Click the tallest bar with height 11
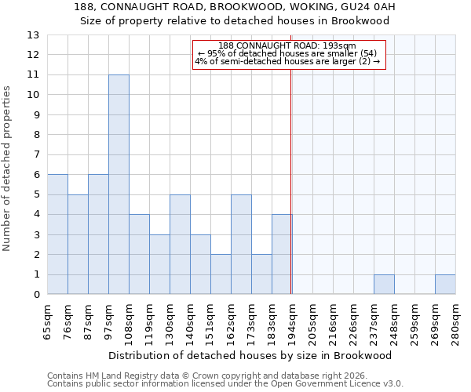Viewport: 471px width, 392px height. point(119,184)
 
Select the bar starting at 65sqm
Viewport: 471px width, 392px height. point(57,234)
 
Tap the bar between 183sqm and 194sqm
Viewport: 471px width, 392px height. point(282,254)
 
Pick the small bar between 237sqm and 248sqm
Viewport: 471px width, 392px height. point(384,285)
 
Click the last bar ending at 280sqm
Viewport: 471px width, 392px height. point(445,285)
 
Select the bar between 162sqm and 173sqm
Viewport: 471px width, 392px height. point(241,245)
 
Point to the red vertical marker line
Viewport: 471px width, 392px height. point(291,180)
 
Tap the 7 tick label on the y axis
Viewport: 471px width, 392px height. point(35,155)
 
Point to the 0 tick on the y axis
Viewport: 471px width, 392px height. point(35,295)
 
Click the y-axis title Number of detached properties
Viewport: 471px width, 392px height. point(8,169)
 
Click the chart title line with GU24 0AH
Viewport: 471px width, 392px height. point(235,7)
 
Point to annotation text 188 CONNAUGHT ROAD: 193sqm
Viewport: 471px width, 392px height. point(287,45)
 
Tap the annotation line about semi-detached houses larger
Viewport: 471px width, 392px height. point(287,61)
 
